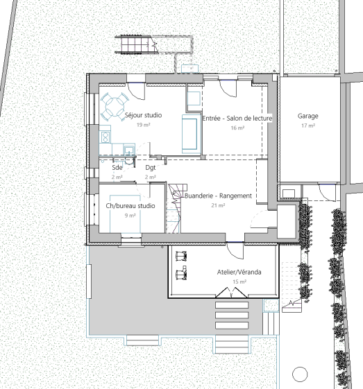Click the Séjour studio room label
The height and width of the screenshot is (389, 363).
click(143, 115)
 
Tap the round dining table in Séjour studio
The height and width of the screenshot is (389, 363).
click(115, 107)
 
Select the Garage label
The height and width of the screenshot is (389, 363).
click(308, 116)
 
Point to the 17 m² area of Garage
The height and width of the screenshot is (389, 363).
click(308, 126)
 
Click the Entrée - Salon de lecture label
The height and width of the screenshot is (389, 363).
click(237, 119)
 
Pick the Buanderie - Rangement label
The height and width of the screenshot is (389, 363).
click(218, 196)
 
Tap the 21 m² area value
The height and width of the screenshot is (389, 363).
click(218, 205)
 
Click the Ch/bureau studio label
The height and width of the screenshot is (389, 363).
click(130, 206)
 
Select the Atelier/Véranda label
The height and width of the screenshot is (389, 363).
click(239, 272)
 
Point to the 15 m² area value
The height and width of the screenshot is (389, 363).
click(239, 282)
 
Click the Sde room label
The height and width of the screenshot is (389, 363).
click(117, 168)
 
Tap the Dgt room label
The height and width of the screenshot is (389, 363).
click(151, 168)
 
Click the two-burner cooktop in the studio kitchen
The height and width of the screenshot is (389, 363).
click(105, 137)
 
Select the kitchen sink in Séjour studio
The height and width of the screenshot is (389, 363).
click(129, 150)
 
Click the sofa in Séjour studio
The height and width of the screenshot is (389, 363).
click(192, 134)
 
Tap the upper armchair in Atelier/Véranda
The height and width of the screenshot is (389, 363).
click(181, 256)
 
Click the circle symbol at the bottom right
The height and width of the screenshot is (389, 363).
click(300, 374)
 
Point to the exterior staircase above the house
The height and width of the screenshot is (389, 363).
click(137, 44)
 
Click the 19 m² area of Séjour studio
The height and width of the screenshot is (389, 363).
click(143, 125)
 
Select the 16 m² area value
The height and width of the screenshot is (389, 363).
click(237, 128)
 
